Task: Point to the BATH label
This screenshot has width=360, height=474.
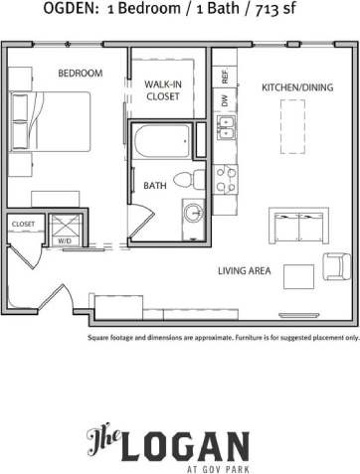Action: coord(155,186)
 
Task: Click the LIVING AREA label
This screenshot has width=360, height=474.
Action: coord(246,269)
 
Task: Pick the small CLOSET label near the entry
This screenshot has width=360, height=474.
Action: coord(23,225)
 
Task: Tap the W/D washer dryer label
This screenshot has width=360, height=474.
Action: coord(64,240)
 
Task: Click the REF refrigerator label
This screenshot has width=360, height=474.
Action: coord(226,77)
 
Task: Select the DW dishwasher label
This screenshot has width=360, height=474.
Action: coord(226,101)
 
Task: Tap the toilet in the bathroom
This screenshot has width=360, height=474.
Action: coord(186,180)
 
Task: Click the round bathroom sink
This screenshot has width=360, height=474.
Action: coord(193,212)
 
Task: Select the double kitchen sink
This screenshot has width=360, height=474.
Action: coord(228,128)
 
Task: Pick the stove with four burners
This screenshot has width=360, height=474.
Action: coord(227,178)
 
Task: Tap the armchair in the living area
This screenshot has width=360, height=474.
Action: coord(336,266)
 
